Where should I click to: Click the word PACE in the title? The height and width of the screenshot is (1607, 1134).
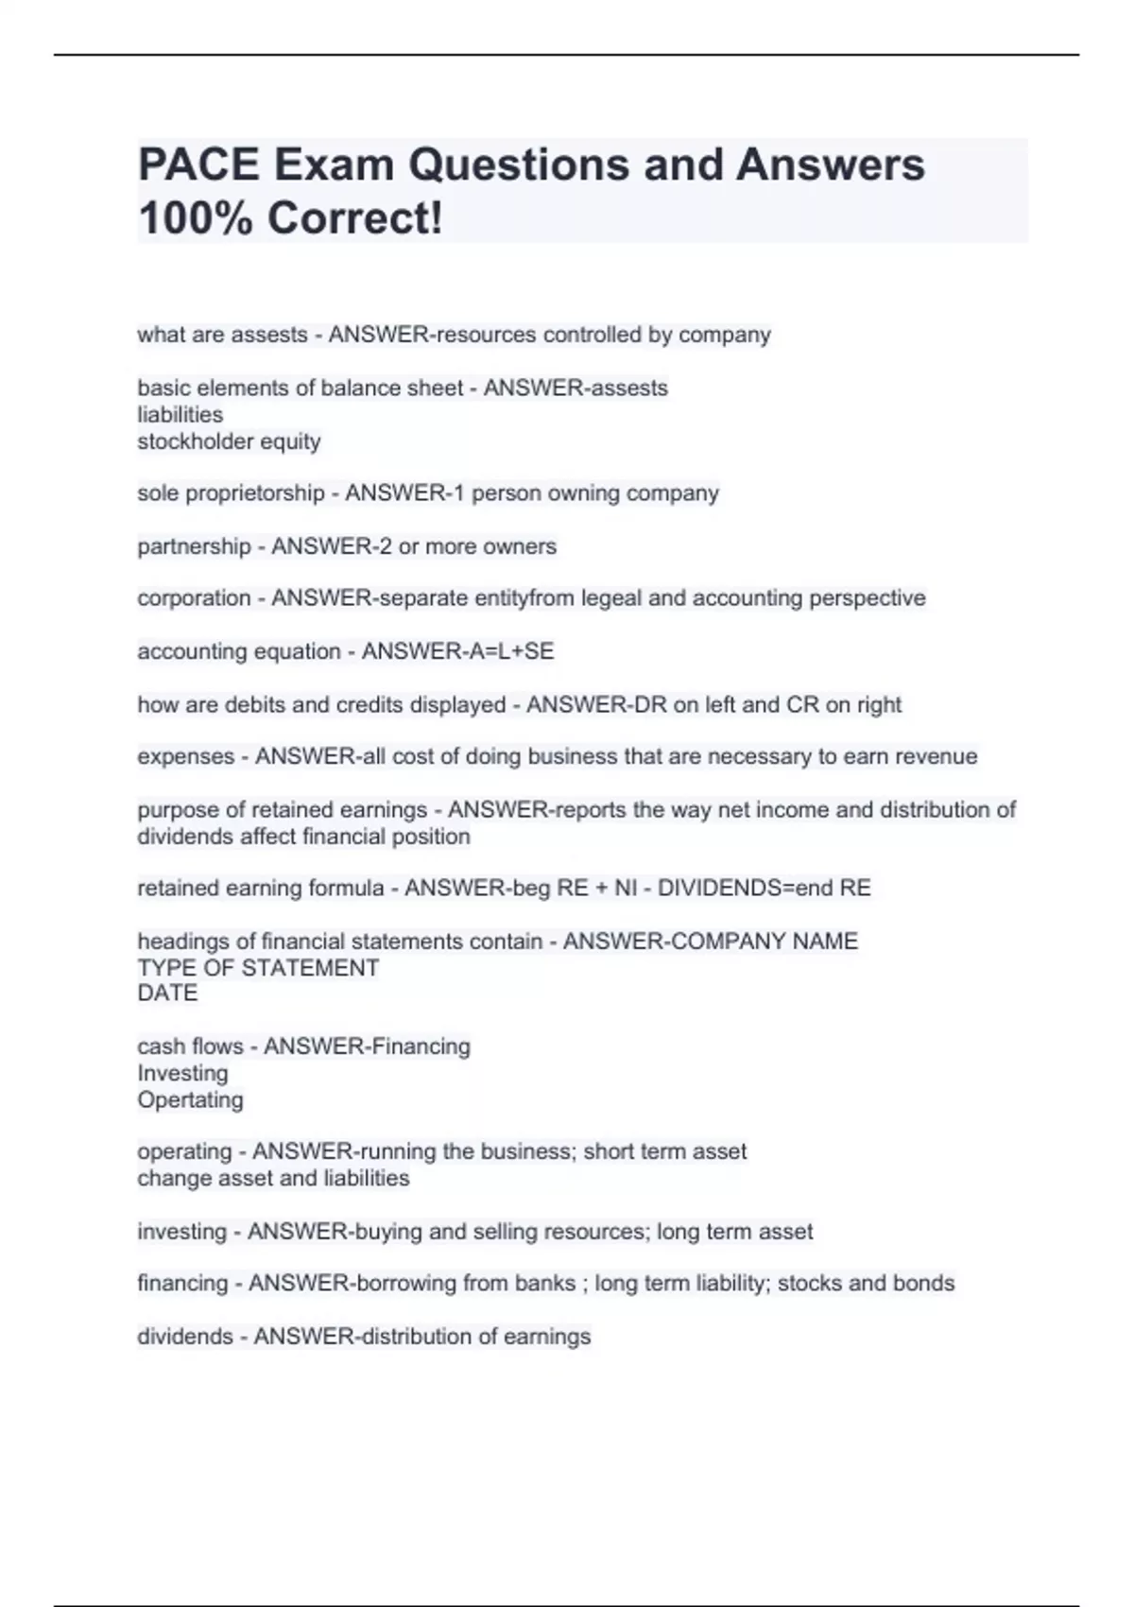point(198,164)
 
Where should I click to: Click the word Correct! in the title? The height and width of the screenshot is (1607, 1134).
point(355,218)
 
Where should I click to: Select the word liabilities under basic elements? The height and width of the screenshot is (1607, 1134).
point(180,414)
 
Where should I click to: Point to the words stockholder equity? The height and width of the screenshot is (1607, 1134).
point(230,441)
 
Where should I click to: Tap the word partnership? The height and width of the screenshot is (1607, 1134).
point(194,546)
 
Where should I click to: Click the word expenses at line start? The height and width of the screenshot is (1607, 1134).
point(185,756)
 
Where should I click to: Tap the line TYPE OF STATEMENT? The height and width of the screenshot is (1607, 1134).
point(258,968)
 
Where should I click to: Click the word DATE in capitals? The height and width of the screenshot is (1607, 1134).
point(167,994)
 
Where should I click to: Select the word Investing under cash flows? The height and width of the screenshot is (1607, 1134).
point(182,1073)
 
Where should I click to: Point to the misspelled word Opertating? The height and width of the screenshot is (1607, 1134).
point(190,1099)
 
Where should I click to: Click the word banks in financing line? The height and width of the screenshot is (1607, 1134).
point(545,1283)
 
